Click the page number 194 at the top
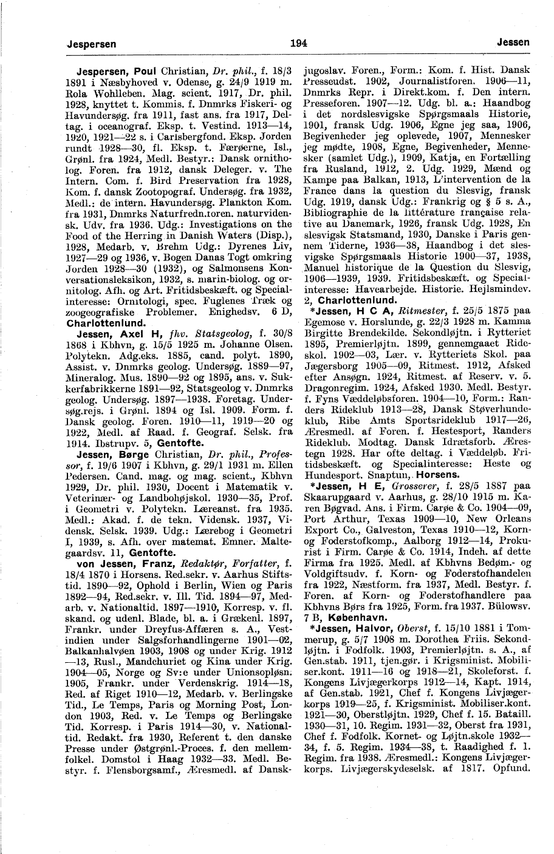click(299, 43)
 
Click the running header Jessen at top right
click(513, 43)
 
